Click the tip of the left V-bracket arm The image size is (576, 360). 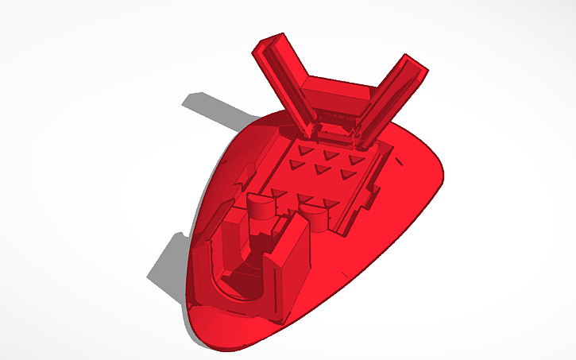coord(269,45)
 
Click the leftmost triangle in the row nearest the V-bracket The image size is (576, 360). coord(305,148)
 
